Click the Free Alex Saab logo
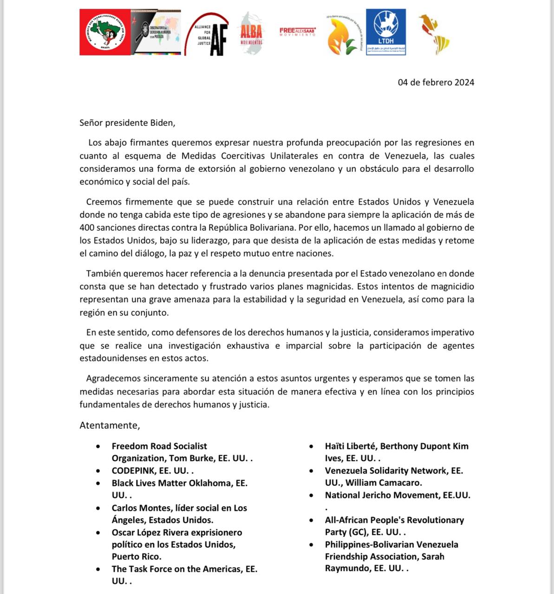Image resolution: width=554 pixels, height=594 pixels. pos(297,32)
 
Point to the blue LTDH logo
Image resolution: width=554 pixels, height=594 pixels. pos(385,32)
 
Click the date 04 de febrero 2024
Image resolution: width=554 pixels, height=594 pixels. pos(436,83)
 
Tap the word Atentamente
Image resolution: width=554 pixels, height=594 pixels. pos(110,426)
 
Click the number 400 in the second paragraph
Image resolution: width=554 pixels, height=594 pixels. pos(87,228)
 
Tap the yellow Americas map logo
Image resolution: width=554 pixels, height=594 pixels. pos(434,33)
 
